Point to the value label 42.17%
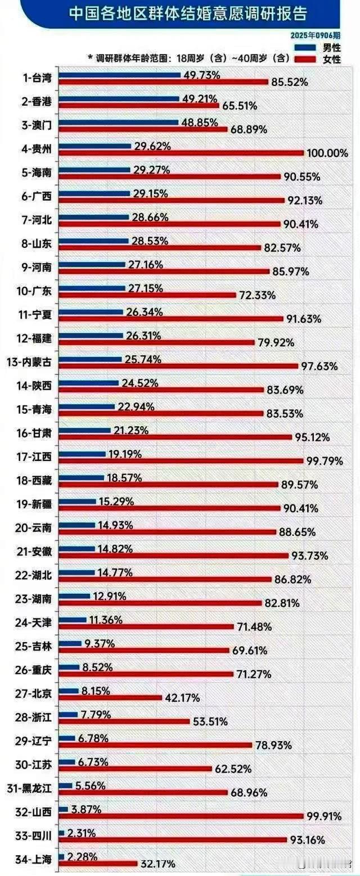(x=182, y=697)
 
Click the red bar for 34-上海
(x=98, y=863)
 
